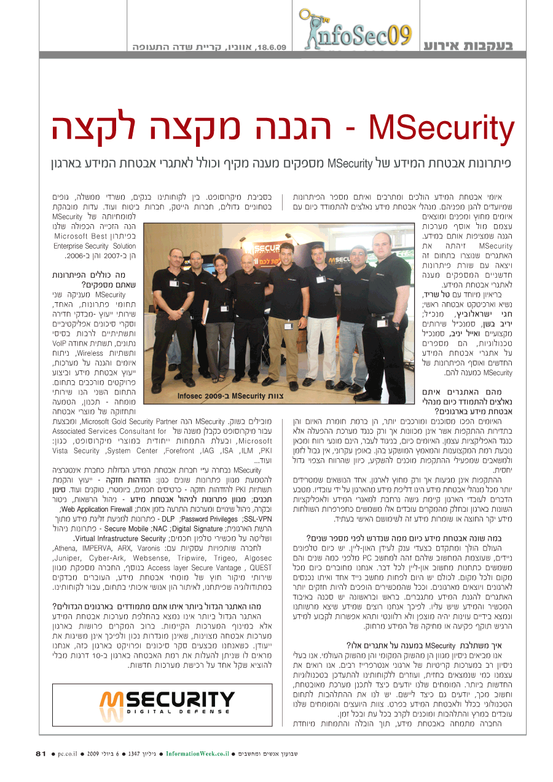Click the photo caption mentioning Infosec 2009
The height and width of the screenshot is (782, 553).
(230, 396)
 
